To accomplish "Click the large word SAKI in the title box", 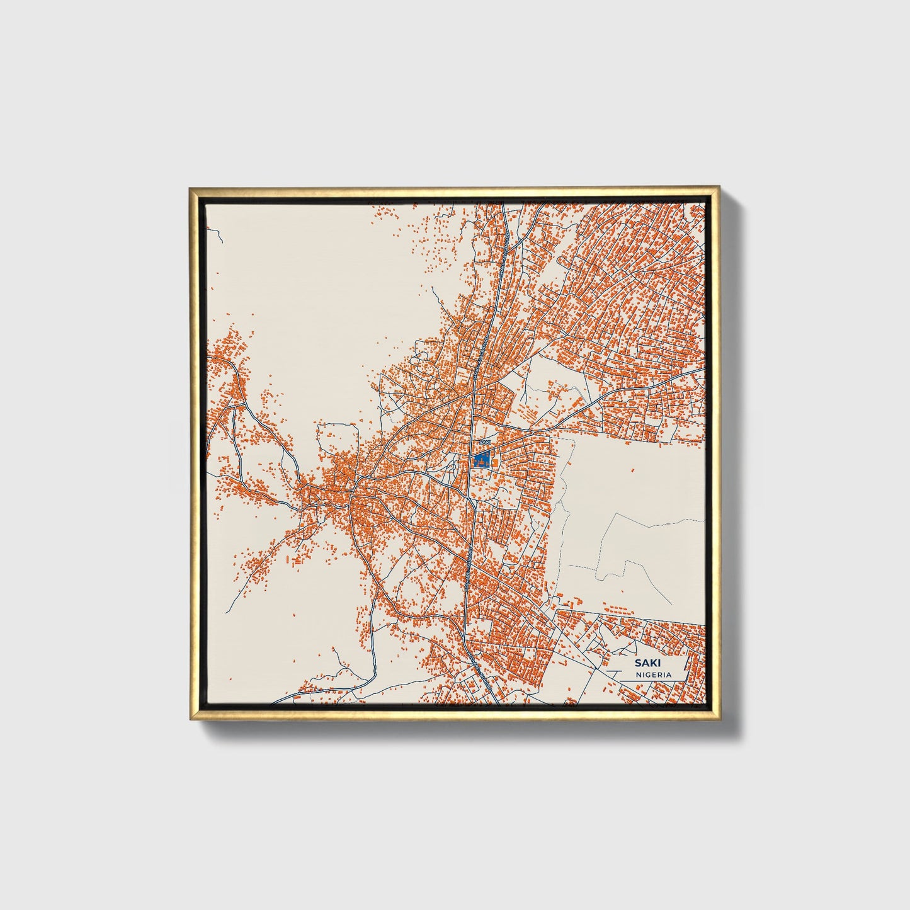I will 644,663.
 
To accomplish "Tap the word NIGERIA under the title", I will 653,674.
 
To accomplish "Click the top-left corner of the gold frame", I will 190,188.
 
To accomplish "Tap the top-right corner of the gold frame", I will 719,188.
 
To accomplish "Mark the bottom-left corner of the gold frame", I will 190,720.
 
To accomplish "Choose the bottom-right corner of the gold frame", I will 719,720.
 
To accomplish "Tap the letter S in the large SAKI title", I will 637,663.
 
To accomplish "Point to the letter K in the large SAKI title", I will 648,663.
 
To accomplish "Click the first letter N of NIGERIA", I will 639,674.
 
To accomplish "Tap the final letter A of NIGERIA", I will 668,674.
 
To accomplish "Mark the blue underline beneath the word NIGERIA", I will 653,680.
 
